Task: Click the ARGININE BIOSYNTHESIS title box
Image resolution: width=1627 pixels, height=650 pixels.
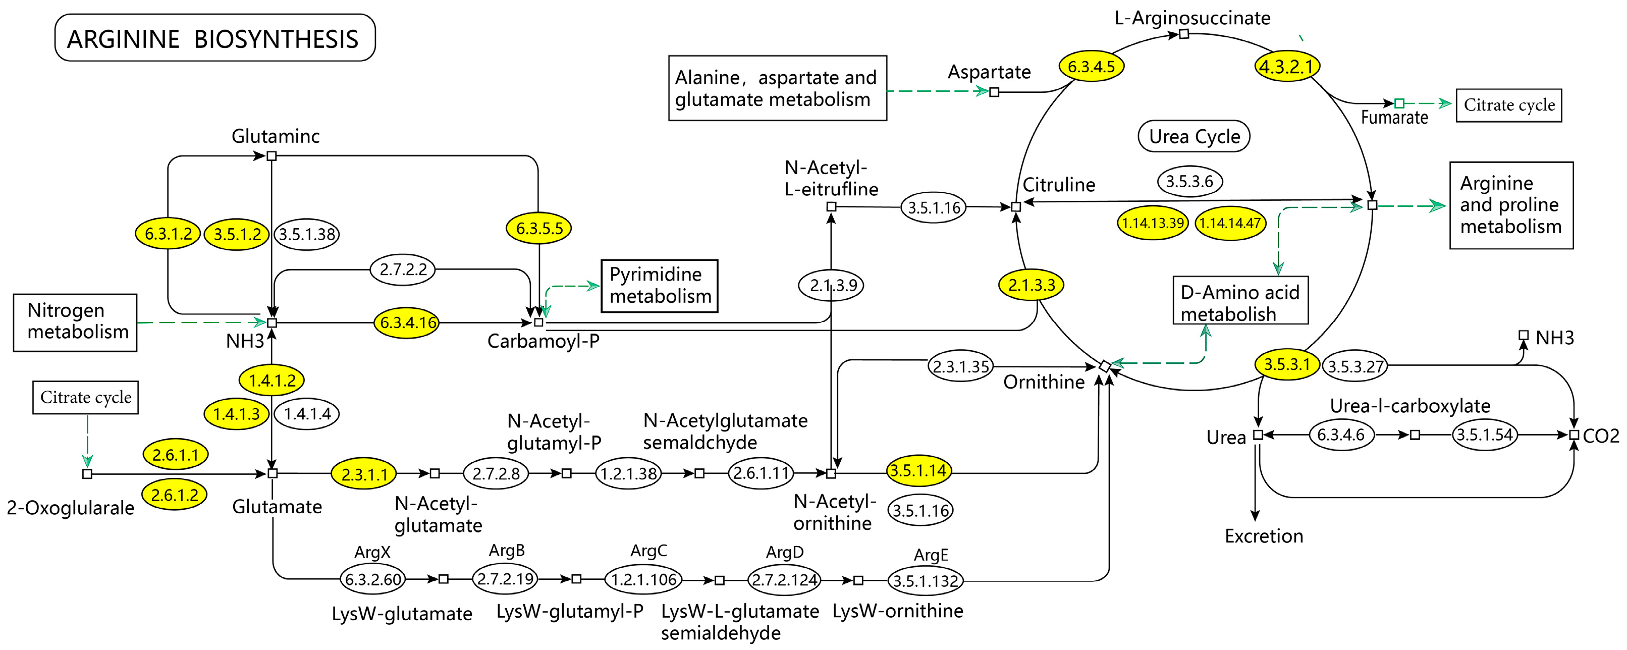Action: (215, 38)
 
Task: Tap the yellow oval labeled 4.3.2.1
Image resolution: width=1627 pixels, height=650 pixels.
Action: (1286, 66)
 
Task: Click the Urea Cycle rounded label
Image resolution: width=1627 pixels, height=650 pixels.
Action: (1193, 136)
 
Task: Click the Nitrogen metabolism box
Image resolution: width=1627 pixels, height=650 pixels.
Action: (75, 321)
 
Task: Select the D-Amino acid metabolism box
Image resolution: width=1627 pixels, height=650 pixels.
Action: (1239, 301)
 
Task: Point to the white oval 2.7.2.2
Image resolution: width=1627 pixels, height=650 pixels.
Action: (402, 269)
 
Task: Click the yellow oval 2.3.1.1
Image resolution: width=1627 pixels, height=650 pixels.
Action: (364, 474)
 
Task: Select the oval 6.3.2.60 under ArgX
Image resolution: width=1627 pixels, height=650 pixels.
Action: (372, 579)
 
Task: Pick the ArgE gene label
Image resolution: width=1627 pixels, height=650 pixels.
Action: (931, 555)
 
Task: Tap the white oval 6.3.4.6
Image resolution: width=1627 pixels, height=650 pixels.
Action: (1340, 435)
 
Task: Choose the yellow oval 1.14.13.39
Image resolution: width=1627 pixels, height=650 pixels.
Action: (1152, 223)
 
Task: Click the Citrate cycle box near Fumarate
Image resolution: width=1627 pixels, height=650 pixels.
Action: (1508, 105)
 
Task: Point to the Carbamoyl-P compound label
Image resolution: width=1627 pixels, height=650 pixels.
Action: (543, 342)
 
